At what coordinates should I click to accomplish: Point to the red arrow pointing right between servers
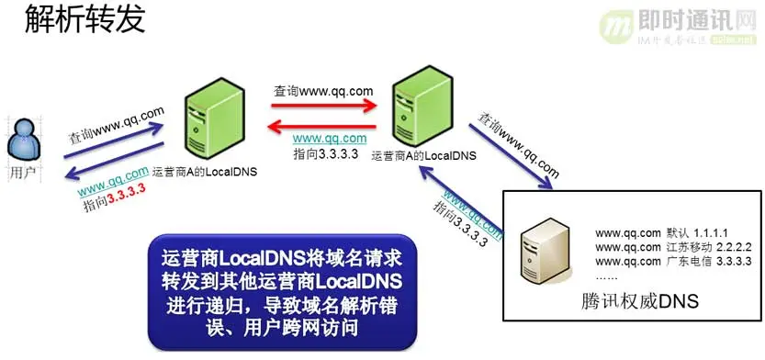[325, 106]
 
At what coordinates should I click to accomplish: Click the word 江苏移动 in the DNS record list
[679, 246]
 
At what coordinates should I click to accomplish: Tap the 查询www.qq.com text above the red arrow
[322, 91]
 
